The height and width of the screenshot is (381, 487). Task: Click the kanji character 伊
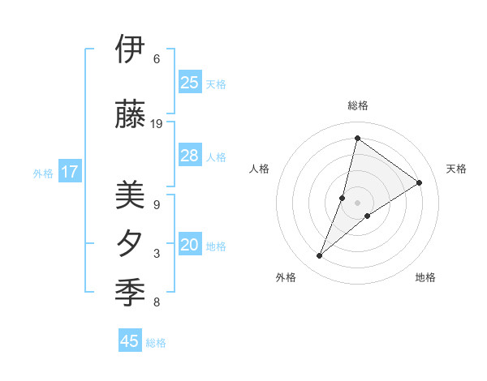click(x=130, y=49)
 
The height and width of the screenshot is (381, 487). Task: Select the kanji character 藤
click(x=130, y=114)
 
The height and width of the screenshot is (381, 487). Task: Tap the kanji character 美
click(x=130, y=195)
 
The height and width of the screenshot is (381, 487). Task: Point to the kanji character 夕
click(x=130, y=244)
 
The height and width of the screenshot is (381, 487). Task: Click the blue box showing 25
click(x=190, y=83)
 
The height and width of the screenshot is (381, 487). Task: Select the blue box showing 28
click(x=190, y=156)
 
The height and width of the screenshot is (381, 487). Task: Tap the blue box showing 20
click(x=190, y=246)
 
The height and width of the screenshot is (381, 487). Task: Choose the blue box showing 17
click(x=70, y=172)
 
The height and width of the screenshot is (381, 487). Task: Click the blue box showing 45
click(x=130, y=341)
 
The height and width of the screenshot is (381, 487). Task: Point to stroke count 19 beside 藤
click(x=157, y=124)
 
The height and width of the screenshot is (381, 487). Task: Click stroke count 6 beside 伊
click(x=157, y=59)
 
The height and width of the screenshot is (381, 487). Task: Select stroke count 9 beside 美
click(x=157, y=205)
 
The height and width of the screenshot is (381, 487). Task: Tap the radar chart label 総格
click(x=358, y=105)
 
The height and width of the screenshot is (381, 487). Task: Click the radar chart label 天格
click(x=456, y=169)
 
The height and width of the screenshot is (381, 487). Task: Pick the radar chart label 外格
click(x=286, y=277)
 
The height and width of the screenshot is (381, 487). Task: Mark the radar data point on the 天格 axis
click(x=420, y=182)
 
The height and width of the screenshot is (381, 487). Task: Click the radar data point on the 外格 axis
click(x=320, y=256)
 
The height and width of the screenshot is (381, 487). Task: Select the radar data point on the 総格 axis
click(x=357, y=138)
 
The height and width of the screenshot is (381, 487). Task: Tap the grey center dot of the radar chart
click(x=358, y=203)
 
